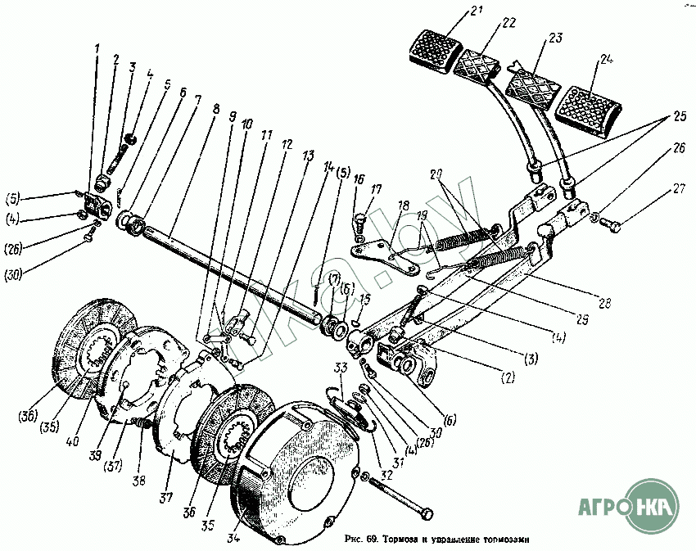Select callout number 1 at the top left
(x=97, y=48)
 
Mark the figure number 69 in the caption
(x=372, y=540)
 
